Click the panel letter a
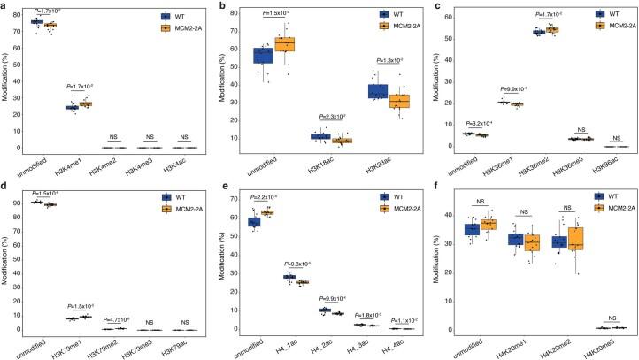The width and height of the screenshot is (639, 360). point(4,6)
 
